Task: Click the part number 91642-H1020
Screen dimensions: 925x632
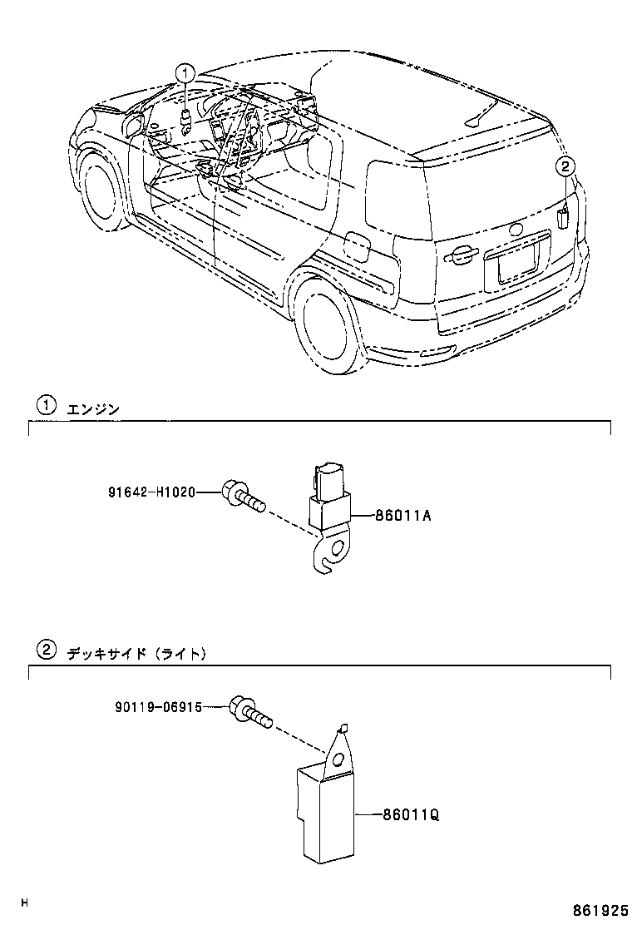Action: tap(151, 492)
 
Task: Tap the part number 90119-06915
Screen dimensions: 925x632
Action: tap(158, 707)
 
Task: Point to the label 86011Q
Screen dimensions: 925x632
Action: tap(411, 815)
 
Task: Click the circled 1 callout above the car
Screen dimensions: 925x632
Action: tap(185, 72)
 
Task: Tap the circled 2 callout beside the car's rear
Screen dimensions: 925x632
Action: tap(565, 166)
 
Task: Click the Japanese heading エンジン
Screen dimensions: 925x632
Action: tap(93, 408)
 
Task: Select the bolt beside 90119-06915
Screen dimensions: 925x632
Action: tap(249, 711)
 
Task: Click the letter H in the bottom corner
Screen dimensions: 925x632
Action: tap(24, 903)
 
